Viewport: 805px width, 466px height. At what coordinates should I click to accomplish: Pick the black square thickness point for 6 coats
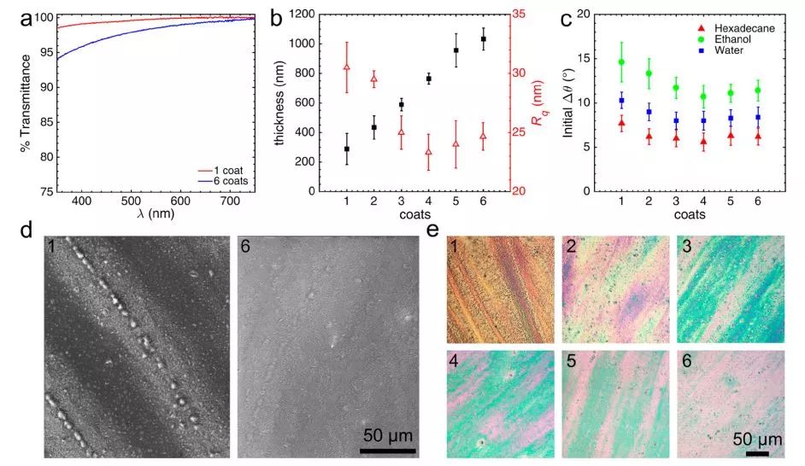tap(484, 39)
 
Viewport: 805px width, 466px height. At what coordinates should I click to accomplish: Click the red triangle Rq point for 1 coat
tap(347, 67)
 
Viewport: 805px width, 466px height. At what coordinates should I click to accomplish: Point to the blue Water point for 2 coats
tap(649, 112)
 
